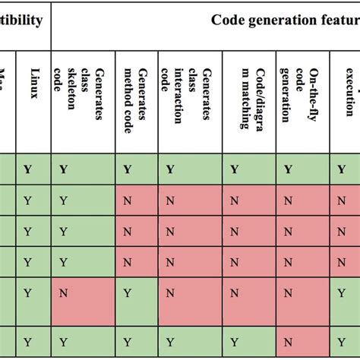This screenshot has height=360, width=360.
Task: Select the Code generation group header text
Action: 286,20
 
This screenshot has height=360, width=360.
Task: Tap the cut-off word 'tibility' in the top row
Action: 21,20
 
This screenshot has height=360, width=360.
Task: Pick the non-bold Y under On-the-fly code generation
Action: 288,292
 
